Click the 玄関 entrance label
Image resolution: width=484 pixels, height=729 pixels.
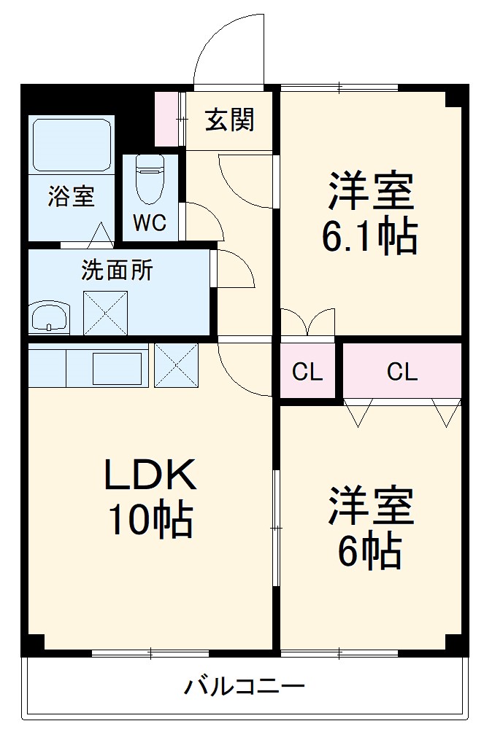coord(229,120)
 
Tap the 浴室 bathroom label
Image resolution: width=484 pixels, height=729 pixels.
coord(71,196)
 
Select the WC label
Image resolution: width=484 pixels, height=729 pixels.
coord(149,222)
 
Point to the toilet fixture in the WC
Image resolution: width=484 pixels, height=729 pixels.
coord(150,178)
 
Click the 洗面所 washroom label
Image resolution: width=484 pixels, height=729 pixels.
coord(117,270)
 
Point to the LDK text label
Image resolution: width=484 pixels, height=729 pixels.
coord(150,476)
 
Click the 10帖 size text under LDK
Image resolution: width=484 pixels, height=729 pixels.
coord(150,520)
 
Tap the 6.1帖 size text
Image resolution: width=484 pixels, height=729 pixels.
coord(370,235)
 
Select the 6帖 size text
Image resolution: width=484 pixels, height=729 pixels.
coord(370,551)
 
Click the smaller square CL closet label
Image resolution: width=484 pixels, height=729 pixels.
coord(307,373)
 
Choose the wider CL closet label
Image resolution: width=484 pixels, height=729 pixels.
coord(402,373)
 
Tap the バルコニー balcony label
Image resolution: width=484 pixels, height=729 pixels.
coord(244,686)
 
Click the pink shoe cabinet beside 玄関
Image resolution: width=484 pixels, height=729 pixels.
coord(168,119)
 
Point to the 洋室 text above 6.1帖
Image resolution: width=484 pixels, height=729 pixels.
coord(370,191)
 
